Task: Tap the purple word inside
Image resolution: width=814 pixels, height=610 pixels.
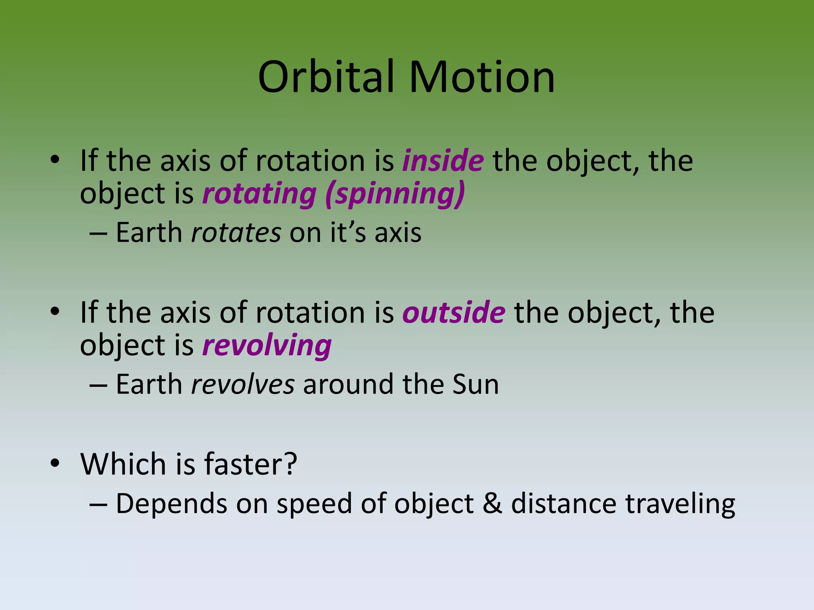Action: click(x=443, y=161)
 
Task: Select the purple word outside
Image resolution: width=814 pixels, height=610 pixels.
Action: click(x=454, y=313)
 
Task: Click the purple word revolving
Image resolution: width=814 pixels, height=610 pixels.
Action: click(x=267, y=346)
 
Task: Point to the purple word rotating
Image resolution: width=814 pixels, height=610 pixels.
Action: click(x=259, y=194)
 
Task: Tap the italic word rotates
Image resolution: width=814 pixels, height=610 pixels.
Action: click(x=236, y=233)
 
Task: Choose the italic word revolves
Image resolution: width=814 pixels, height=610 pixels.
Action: click(x=243, y=384)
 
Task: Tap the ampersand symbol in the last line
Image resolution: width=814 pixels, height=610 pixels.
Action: click(x=492, y=504)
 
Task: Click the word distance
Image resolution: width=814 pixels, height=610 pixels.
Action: click(x=564, y=504)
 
